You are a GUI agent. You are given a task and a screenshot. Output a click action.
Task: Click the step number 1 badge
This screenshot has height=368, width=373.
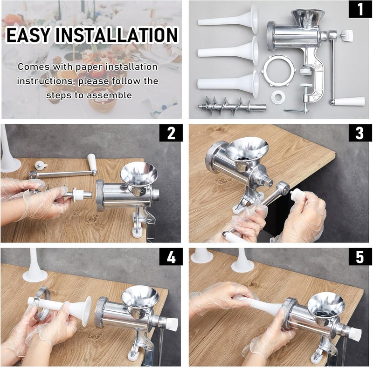(360, 9)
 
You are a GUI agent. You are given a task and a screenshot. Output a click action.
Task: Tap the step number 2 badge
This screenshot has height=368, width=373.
(171, 133)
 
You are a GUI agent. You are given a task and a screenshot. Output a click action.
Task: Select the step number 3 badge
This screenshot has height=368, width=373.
(360, 133)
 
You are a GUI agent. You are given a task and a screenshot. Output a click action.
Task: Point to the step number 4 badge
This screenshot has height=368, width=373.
(171, 257)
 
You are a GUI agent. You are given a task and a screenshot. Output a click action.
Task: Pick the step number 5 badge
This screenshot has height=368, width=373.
(360, 257)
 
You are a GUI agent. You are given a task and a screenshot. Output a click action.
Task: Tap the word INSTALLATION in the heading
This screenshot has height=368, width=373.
(117, 35)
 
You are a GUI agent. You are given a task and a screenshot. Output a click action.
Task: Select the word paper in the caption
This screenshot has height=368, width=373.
(89, 67)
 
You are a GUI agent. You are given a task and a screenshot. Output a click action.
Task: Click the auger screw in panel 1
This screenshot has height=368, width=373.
(232, 105)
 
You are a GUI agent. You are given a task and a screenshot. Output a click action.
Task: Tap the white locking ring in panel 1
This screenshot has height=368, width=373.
(279, 71)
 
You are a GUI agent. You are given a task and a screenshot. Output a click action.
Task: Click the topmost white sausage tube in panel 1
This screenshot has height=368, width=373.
(228, 20)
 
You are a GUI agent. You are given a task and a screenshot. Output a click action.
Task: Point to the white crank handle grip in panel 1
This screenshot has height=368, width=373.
(349, 101)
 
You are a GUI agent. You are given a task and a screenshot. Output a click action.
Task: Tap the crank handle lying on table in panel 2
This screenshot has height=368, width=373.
(63, 169)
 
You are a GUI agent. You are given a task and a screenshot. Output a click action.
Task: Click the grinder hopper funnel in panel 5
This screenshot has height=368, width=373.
(326, 306)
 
